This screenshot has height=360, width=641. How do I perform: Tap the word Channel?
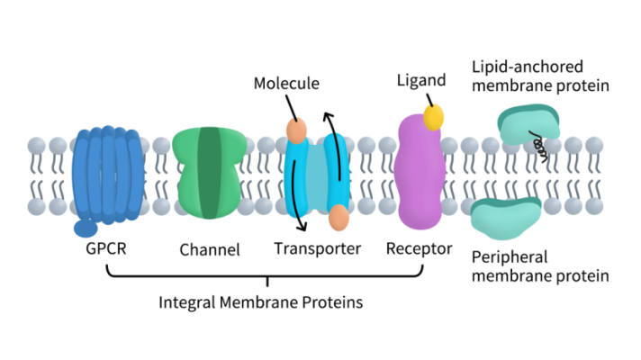[x=210, y=250]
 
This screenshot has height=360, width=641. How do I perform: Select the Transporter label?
[x=317, y=248]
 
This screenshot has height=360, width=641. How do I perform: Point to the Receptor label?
[x=419, y=247]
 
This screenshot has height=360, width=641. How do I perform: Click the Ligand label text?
[x=421, y=81]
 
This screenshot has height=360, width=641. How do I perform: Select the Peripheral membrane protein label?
[x=540, y=267]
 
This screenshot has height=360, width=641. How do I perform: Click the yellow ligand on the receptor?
[x=435, y=116]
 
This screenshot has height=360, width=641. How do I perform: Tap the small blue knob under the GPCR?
[x=86, y=229]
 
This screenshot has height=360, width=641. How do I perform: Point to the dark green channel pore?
[x=210, y=174]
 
